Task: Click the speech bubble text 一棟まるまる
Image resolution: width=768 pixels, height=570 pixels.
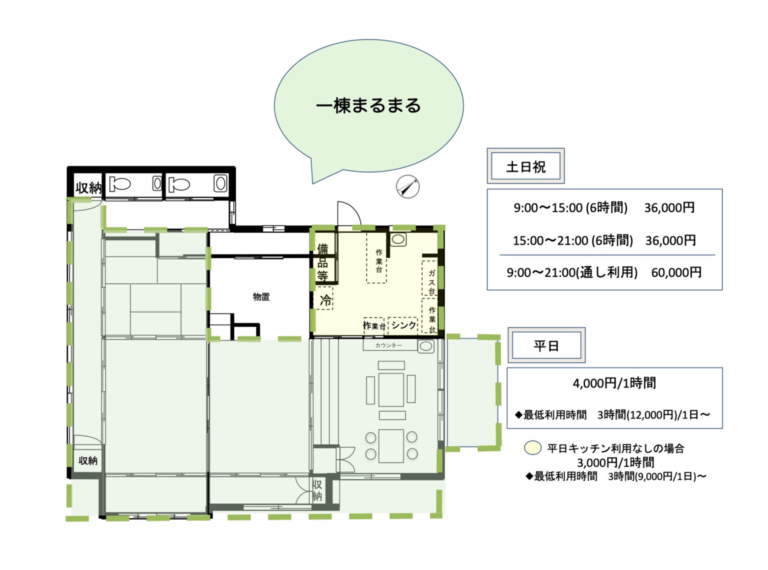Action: coord(368,105)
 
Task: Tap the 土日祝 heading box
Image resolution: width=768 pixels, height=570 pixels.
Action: coord(525,166)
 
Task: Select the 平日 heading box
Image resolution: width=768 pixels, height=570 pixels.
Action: coord(546,345)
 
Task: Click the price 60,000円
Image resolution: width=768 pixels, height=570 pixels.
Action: coord(676,273)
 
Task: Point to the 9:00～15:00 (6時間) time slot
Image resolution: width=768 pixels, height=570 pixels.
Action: coord(570,208)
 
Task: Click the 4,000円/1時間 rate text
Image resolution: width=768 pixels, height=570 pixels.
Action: coord(614,383)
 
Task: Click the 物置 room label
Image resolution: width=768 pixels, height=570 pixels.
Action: coord(261,297)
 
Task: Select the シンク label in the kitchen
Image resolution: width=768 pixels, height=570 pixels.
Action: coord(403,325)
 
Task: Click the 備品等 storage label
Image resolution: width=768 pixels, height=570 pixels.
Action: coord(322,262)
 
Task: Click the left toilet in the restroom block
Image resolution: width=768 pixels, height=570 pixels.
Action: coord(120,184)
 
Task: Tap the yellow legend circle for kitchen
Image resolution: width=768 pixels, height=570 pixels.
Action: coord(532,448)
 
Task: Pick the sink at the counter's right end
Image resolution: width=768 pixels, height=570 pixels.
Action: coord(425,346)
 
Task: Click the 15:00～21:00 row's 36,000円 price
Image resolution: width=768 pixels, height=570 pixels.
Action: coord(670,240)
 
